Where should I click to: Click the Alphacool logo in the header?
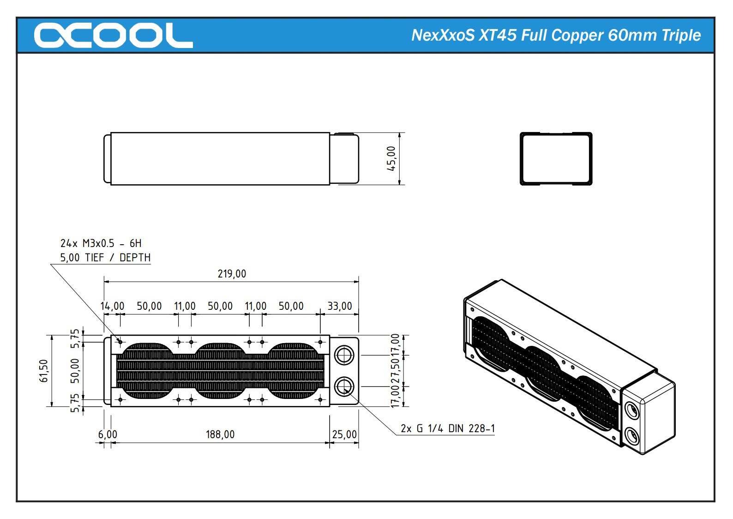[113, 36]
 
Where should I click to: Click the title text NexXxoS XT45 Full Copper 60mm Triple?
[556, 36]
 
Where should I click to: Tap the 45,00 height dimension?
[391, 159]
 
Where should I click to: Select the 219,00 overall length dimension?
[232, 274]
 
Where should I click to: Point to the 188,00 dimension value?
[220, 435]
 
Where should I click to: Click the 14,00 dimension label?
[112, 306]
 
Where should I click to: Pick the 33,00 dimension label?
[340, 306]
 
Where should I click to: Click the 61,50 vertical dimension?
[44, 371]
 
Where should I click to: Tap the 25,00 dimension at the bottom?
[344, 435]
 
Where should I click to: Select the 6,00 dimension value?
[108, 435]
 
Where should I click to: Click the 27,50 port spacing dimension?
[396, 371]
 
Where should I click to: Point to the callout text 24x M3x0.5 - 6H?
[101, 243]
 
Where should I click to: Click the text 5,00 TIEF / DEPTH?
[105, 258]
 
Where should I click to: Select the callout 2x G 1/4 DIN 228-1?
[447, 428]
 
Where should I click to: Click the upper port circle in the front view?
[344, 356]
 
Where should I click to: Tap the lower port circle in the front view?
[344, 386]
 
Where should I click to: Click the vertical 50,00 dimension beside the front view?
[75, 371]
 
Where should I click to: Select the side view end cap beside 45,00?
[344, 159]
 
